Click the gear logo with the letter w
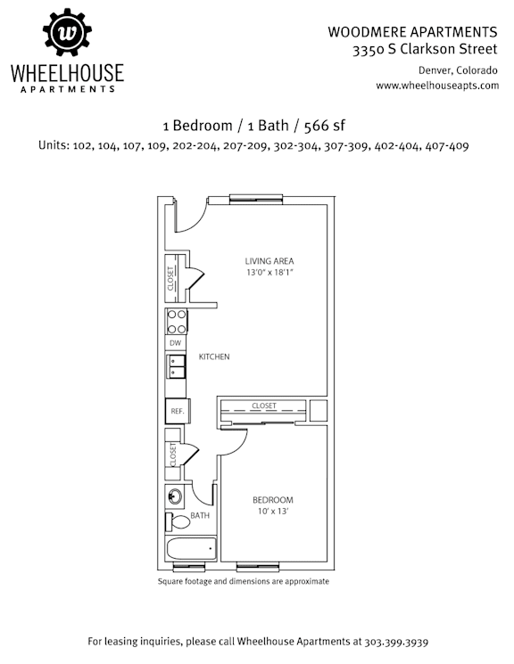(x=67, y=32)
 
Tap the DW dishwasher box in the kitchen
(x=175, y=343)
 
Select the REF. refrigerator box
(x=178, y=411)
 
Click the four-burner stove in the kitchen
(x=177, y=322)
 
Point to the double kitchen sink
(x=177, y=366)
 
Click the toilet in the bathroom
(x=178, y=521)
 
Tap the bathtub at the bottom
(x=192, y=549)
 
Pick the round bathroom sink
(x=175, y=496)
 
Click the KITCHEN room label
(x=214, y=357)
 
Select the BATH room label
(x=200, y=515)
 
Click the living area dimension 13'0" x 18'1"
(x=270, y=272)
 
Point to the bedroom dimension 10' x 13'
(x=273, y=511)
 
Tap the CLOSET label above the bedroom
(x=264, y=406)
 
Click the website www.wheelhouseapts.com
(x=437, y=86)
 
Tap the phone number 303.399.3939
(x=396, y=641)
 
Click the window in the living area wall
(x=256, y=200)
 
